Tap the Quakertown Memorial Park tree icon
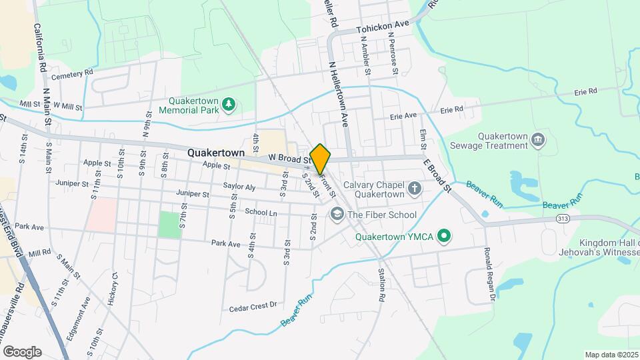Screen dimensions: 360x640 coord(229,103)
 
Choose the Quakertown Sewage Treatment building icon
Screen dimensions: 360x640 coord(540,139)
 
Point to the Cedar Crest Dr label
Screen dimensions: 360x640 coord(253,306)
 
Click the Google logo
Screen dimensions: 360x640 coord(22,351)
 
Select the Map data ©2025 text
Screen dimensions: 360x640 coord(611,355)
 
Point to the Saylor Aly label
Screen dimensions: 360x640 coord(239,187)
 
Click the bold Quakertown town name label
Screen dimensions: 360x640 coord(213,152)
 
